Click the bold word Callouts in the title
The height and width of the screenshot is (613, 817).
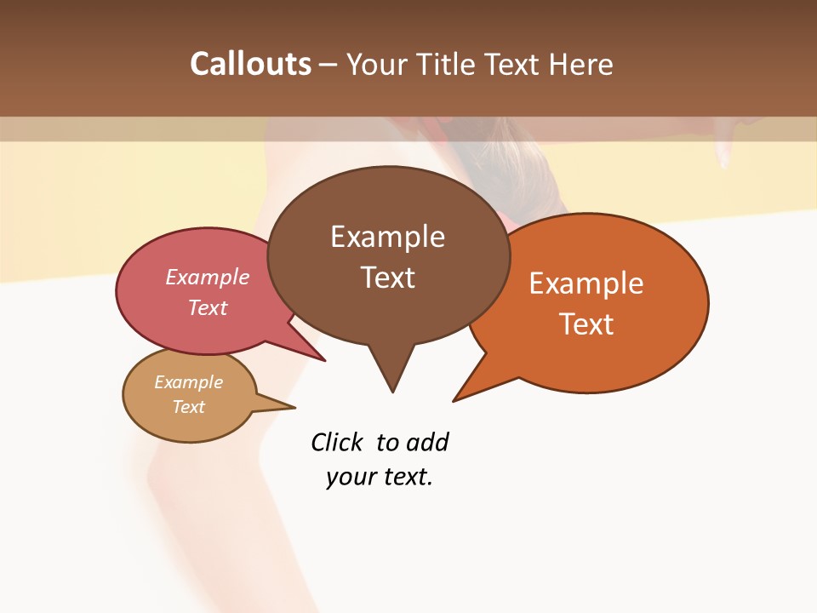[x=250, y=64]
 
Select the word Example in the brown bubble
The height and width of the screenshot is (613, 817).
[x=387, y=237]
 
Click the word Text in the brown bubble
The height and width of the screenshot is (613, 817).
[x=387, y=278]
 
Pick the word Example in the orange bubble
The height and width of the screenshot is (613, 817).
[x=586, y=284]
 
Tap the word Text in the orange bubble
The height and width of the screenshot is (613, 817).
[x=586, y=324]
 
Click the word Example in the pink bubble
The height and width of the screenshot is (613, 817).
[x=208, y=277]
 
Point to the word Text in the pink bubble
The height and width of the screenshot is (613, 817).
[x=208, y=307]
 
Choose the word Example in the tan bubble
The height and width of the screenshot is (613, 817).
[x=189, y=382]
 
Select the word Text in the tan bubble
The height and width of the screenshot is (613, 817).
[x=189, y=407]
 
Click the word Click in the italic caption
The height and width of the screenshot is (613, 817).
[x=337, y=443]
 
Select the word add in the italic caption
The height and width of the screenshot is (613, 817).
[x=427, y=443]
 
